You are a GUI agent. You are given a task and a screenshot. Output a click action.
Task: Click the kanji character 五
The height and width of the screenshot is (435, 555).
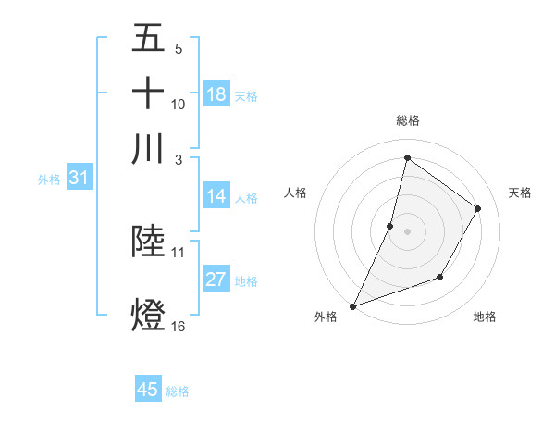148,38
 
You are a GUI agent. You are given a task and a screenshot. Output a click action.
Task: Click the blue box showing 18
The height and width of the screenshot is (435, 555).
216,94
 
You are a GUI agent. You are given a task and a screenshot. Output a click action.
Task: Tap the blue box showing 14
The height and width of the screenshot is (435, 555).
216,196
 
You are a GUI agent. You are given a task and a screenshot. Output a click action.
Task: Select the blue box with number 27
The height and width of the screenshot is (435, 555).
216,280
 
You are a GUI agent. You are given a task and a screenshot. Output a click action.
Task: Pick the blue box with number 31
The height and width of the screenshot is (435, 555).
79,178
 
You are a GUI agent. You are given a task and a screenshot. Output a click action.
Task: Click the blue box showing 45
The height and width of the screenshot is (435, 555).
148,390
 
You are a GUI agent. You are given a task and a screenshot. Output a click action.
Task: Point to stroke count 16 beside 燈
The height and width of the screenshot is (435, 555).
179,326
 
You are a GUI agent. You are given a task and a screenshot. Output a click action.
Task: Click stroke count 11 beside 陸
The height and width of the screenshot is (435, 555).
179,252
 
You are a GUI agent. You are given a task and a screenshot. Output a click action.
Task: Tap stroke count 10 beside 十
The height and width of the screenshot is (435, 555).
179,105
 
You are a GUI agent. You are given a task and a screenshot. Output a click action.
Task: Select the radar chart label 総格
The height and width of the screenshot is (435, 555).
408,120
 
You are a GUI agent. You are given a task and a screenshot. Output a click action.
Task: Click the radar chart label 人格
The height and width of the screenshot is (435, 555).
296,193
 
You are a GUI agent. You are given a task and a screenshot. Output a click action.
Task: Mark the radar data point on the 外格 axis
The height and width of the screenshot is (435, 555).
352,305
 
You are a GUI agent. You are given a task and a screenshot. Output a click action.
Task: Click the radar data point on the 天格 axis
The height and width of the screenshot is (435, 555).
478,208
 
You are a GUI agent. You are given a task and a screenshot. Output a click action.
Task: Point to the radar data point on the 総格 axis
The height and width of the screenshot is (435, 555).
407,157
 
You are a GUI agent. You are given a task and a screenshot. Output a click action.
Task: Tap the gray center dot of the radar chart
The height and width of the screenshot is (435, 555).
407,230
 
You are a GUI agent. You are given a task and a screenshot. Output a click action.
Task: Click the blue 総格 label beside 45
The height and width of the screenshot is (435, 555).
178,391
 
